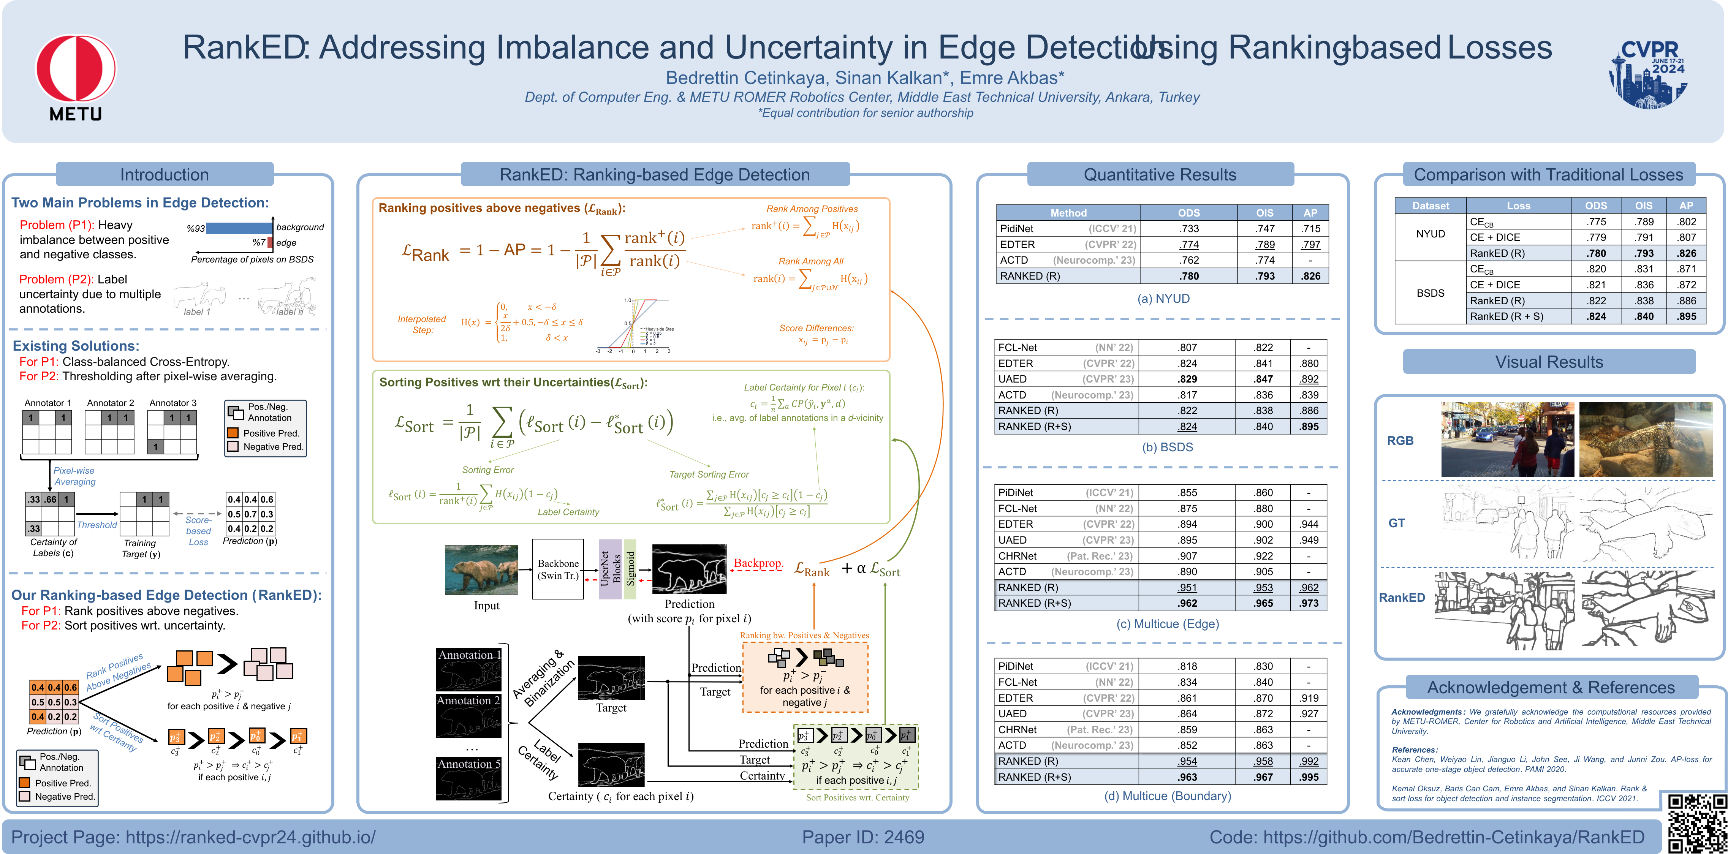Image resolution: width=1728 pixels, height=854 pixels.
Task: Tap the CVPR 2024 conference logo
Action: pyautogui.click(x=1647, y=73)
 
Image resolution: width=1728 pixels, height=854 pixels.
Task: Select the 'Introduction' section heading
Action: pyautogui.click(x=165, y=174)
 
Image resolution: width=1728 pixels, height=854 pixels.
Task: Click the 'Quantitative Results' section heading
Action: pyautogui.click(x=1160, y=174)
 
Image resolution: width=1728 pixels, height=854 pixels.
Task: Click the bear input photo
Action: pyautogui.click(x=481, y=569)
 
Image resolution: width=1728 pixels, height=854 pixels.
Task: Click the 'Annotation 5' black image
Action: pyautogui.click(x=468, y=778)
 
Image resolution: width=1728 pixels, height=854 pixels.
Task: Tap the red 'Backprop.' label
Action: pyautogui.click(x=758, y=563)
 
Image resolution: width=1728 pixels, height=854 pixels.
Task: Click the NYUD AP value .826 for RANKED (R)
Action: pyautogui.click(x=1310, y=276)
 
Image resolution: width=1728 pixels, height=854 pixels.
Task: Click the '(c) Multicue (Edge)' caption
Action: pyautogui.click(x=1167, y=624)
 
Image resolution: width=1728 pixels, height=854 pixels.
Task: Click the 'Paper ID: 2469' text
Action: pyautogui.click(x=862, y=837)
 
